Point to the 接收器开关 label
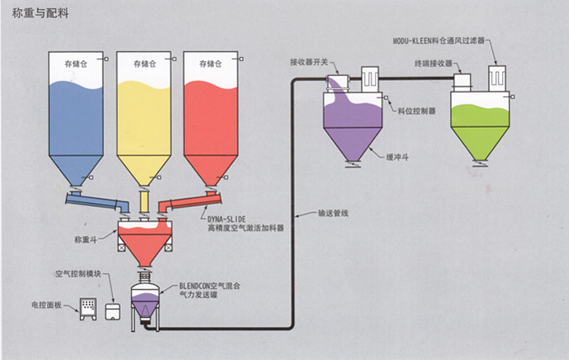coord(310,63)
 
